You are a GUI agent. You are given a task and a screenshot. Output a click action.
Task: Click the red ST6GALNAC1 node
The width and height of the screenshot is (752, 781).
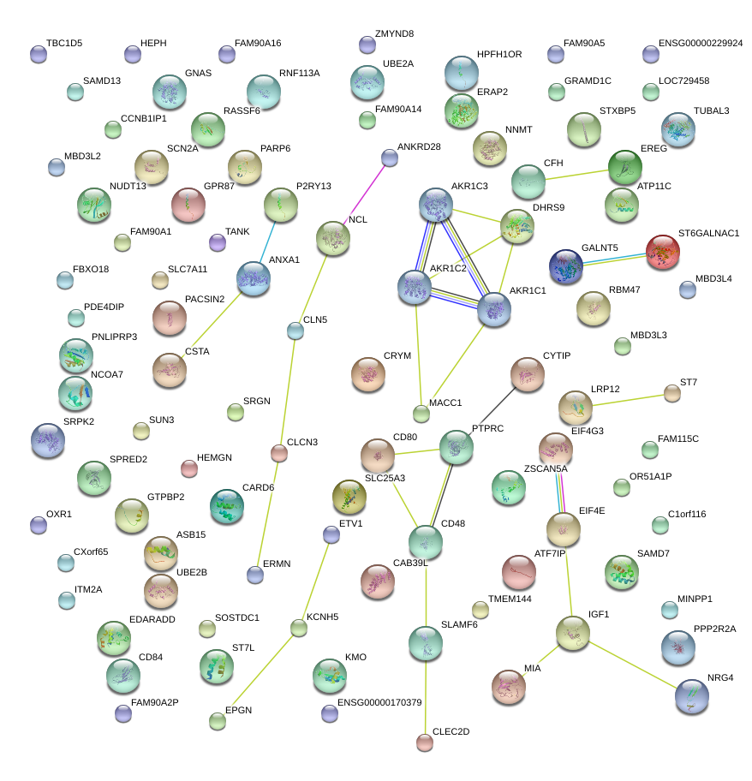pyautogui.click(x=663, y=252)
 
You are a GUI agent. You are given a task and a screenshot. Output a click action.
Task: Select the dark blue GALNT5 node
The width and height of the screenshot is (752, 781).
pyautogui.click(x=566, y=266)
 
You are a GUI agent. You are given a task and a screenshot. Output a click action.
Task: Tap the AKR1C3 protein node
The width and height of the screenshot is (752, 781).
pyautogui.click(x=436, y=205)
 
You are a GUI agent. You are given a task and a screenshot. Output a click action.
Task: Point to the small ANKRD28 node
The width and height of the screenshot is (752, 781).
pyautogui.click(x=390, y=158)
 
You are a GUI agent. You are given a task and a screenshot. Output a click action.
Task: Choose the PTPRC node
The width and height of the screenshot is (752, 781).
pyautogui.click(x=457, y=447)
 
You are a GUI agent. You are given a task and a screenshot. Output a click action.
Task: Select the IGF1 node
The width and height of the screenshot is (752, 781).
pyautogui.click(x=573, y=633)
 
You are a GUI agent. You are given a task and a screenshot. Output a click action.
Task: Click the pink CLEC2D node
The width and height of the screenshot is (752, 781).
pyautogui.click(x=425, y=742)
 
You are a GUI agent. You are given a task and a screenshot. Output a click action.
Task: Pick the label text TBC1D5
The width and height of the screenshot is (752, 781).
pyautogui.click(x=64, y=44)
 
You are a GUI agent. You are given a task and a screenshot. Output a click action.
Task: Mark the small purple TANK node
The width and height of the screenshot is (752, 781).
pyautogui.click(x=218, y=242)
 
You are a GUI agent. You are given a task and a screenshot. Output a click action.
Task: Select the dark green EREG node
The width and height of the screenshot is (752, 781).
pyautogui.click(x=625, y=167)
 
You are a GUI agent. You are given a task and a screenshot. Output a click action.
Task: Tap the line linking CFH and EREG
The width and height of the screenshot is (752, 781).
pyautogui.click(x=576, y=175)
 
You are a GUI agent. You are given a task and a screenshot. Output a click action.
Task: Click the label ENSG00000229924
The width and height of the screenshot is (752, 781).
pyautogui.click(x=701, y=44)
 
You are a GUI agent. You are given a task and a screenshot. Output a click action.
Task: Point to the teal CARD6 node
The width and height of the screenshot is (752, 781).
pyautogui.click(x=227, y=507)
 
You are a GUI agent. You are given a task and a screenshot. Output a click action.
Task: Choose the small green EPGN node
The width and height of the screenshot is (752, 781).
pyautogui.click(x=218, y=721)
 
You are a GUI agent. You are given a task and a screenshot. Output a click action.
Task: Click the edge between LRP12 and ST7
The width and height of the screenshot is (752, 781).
pyautogui.click(x=629, y=400)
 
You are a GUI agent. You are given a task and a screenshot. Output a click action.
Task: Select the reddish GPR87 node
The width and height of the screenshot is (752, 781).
pyautogui.click(x=188, y=205)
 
